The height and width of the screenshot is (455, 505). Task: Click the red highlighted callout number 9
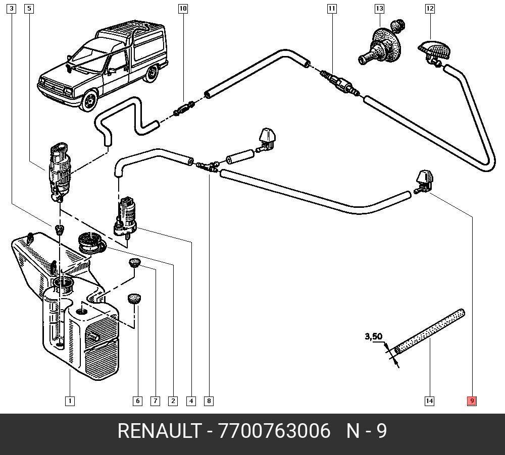click(472, 401)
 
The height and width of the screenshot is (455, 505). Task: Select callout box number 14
click(429, 401)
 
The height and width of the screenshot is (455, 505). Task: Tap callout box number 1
click(70, 401)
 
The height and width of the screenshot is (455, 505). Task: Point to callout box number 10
click(183, 9)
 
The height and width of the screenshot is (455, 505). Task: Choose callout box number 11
click(331, 9)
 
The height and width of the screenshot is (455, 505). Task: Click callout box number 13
click(379, 9)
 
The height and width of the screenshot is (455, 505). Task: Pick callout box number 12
click(430, 9)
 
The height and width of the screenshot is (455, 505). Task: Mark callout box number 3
click(12, 9)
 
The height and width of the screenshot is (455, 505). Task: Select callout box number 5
click(29, 9)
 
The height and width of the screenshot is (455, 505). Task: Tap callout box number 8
click(209, 401)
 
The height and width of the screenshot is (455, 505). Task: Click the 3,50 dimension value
click(374, 336)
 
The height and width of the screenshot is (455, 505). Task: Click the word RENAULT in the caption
click(158, 431)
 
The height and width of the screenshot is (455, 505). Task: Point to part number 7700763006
click(274, 431)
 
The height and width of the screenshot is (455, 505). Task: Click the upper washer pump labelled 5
click(60, 169)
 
